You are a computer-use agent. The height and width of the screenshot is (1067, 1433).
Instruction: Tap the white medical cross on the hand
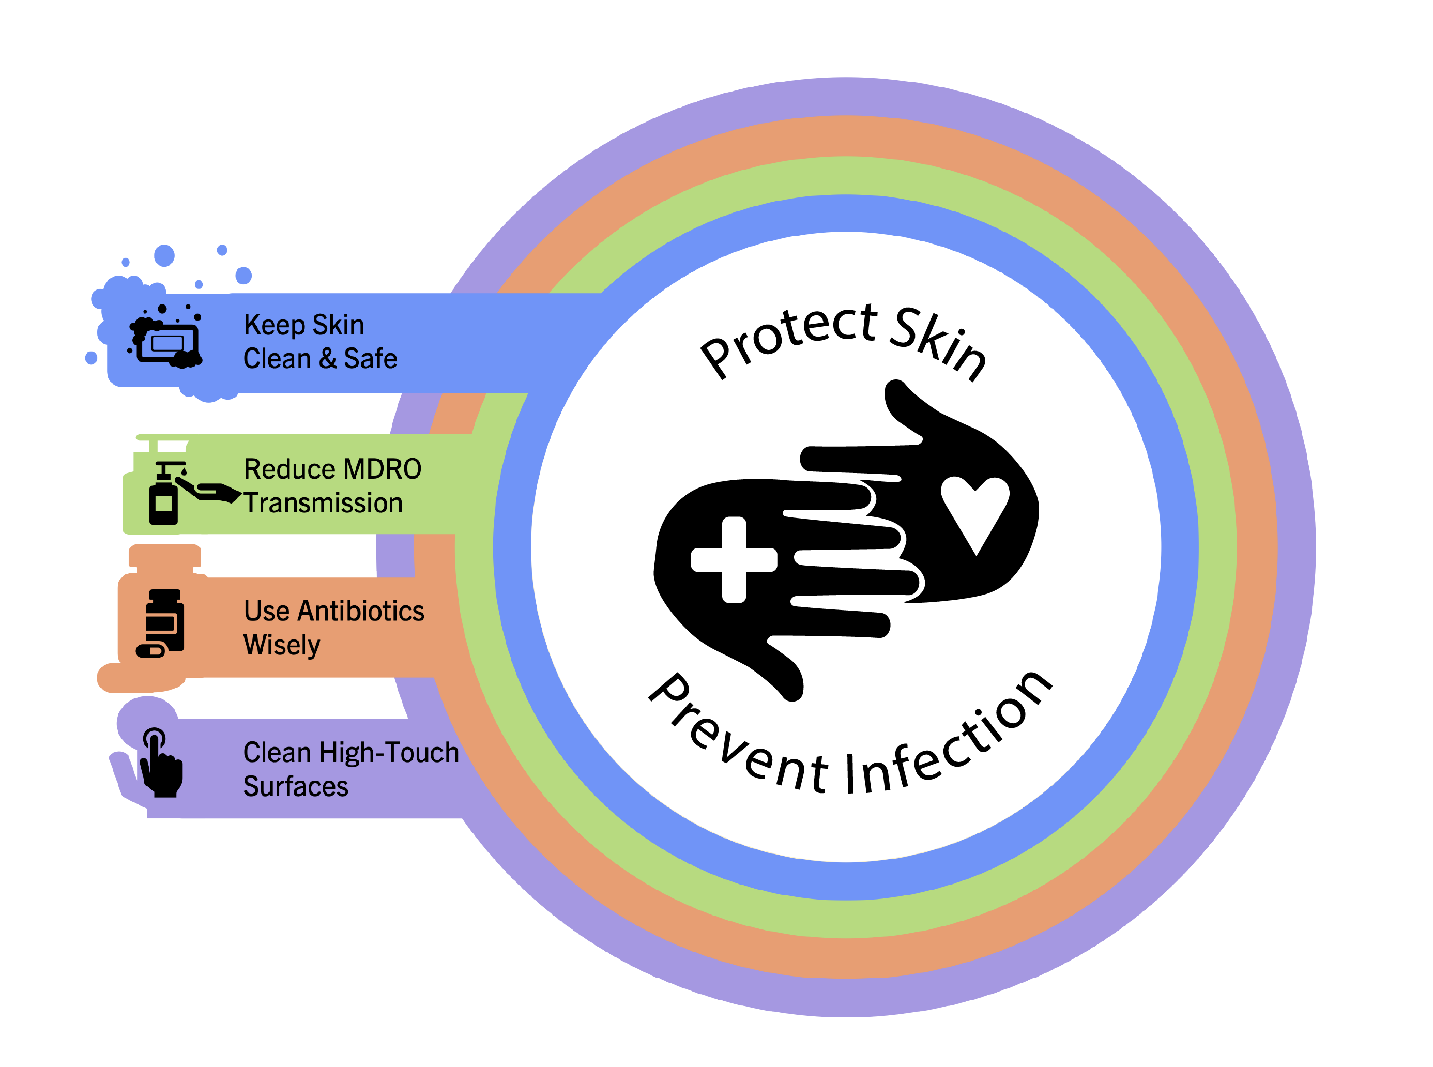pyautogui.click(x=734, y=559)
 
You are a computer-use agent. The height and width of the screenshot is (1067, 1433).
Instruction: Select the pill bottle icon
pyautogui.click(x=161, y=623)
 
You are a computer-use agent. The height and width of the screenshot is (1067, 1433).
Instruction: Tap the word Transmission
pyautogui.click(x=323, y=503)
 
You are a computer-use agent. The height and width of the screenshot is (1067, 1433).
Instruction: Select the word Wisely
pyautogui.click(x=282, y=645)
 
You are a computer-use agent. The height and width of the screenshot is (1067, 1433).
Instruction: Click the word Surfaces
pyautogui.click(x=295, y=787)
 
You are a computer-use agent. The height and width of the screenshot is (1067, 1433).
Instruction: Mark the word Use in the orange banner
pyautogui.click(x=266, y=611)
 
